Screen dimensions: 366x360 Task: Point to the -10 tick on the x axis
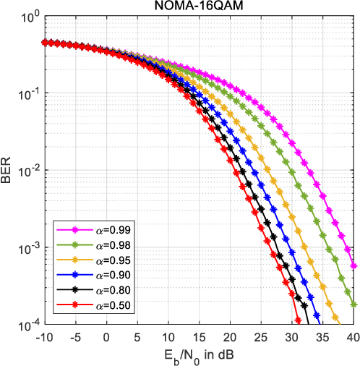(44, 336)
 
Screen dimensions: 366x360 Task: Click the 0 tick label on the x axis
(106, 336)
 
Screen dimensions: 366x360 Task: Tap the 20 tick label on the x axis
(230, 336)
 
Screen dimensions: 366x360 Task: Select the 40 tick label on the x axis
(353, 336)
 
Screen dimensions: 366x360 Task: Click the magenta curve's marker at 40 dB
(353, 266)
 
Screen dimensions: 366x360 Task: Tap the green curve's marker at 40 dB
(353, 305)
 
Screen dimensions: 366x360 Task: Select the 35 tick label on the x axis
(322, 336)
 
